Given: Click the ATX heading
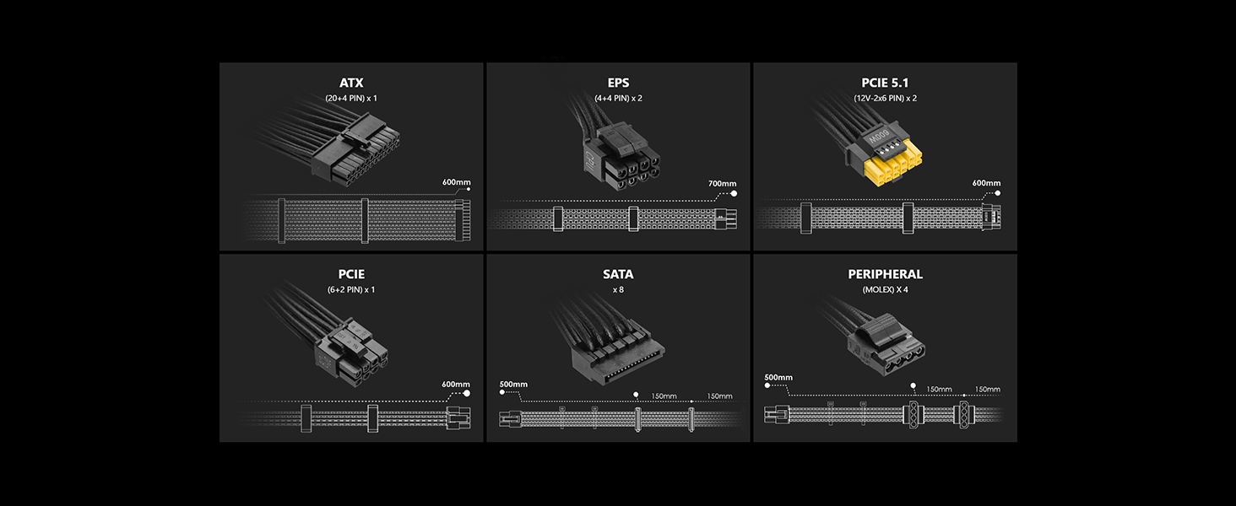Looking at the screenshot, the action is pyautogui.click(x=351, y=83).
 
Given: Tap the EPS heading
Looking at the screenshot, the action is pyautogui.click(x=618, y=83).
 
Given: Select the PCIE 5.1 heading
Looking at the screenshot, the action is pyautogui.click(x=885, y=83).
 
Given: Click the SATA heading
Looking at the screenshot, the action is pyautogui.click(x=618, y=274).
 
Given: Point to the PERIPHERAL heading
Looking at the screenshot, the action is pyautogui.click(x=885, y=274).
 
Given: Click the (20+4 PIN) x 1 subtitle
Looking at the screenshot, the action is pyautogui.click(x=351, y=98).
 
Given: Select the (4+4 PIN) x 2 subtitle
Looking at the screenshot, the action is pyautogui.click(x=618, y=98).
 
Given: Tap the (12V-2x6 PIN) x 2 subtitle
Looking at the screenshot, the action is pyautogui.click(x=885, y=98).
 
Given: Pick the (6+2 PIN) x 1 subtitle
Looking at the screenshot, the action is pyautogui.click(x=351, y=289).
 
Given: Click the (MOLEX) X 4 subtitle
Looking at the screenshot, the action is pyautogui.click(x=885, y=289).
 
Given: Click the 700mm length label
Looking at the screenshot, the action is pyautogui.click(x=723, y=184).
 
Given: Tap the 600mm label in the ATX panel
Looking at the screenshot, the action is pyautogui.click(x=457, y=182).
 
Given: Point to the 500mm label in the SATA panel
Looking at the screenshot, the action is pyautogui.click(x=513, y=385).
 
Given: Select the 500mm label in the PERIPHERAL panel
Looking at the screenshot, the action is pyautogui.click(x=778, y=378).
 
